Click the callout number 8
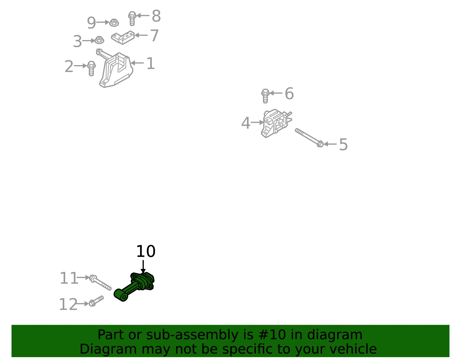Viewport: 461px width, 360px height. (x=156, y=16)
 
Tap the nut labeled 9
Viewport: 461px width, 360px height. (x=114, y=23)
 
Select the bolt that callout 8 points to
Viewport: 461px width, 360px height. (x=132, y=19)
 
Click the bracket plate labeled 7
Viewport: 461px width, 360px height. (x=123, y=37)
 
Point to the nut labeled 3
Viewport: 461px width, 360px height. (x=99, y=40)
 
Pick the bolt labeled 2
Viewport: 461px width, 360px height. (x=91, y=68)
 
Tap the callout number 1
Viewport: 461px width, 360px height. (x=151, y=63)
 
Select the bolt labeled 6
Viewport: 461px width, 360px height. (x=265, y=96)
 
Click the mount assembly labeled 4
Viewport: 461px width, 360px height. (x=275, y=123)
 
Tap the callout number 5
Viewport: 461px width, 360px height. (x=343, y=144)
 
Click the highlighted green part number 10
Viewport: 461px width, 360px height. (x=134, y=287)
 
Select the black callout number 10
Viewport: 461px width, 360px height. (x=146, y=251)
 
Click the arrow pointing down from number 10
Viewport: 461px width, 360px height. (x=143, y=267)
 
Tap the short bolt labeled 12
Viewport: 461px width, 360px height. (x=96, y=301)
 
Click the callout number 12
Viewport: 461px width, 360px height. (x=68, y=304)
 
